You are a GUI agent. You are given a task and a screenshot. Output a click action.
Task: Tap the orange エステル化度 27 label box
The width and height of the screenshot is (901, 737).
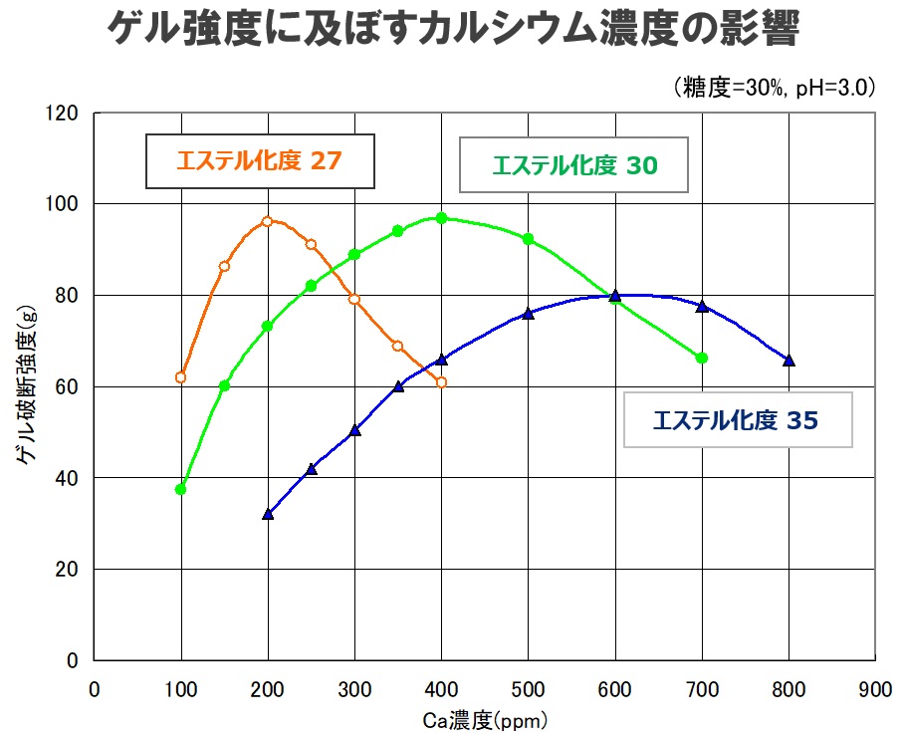[260, 160]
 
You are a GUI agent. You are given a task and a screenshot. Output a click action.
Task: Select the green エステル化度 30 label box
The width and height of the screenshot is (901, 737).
[574, 164]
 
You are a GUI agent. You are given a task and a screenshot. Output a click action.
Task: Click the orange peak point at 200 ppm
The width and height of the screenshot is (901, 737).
[267, 221]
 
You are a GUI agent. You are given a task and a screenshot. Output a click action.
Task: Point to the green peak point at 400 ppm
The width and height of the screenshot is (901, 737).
[441, 217]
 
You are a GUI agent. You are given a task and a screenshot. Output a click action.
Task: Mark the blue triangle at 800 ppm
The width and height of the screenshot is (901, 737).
[788, 361]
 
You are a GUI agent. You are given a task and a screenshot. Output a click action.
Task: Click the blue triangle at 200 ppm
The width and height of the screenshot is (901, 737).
[267, 514]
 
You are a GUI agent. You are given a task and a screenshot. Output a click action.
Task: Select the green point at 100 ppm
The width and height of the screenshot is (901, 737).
[180, 489]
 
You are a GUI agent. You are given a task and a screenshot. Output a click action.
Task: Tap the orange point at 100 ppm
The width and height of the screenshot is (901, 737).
[180, 377]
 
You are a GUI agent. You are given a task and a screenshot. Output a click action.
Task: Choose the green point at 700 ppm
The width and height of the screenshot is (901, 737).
[702, 358]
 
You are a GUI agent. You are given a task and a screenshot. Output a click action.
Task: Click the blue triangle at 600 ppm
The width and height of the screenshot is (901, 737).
[615, 296]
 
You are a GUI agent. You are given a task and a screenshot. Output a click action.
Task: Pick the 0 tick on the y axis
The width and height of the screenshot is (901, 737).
[74, 660]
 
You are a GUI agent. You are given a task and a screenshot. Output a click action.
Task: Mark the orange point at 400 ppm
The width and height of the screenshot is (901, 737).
[441, 382]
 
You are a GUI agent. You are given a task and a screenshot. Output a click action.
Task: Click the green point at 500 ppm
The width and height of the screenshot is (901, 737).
[528, 239]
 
